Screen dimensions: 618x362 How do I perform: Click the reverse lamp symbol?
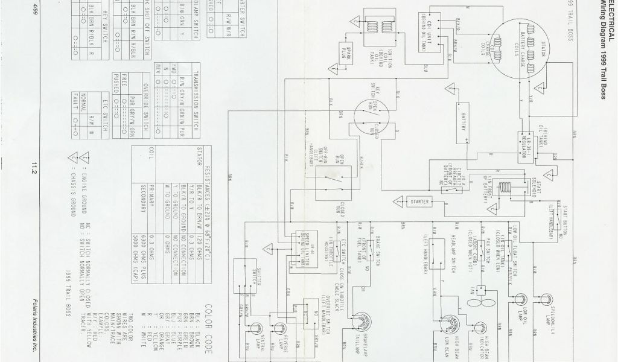280,328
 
